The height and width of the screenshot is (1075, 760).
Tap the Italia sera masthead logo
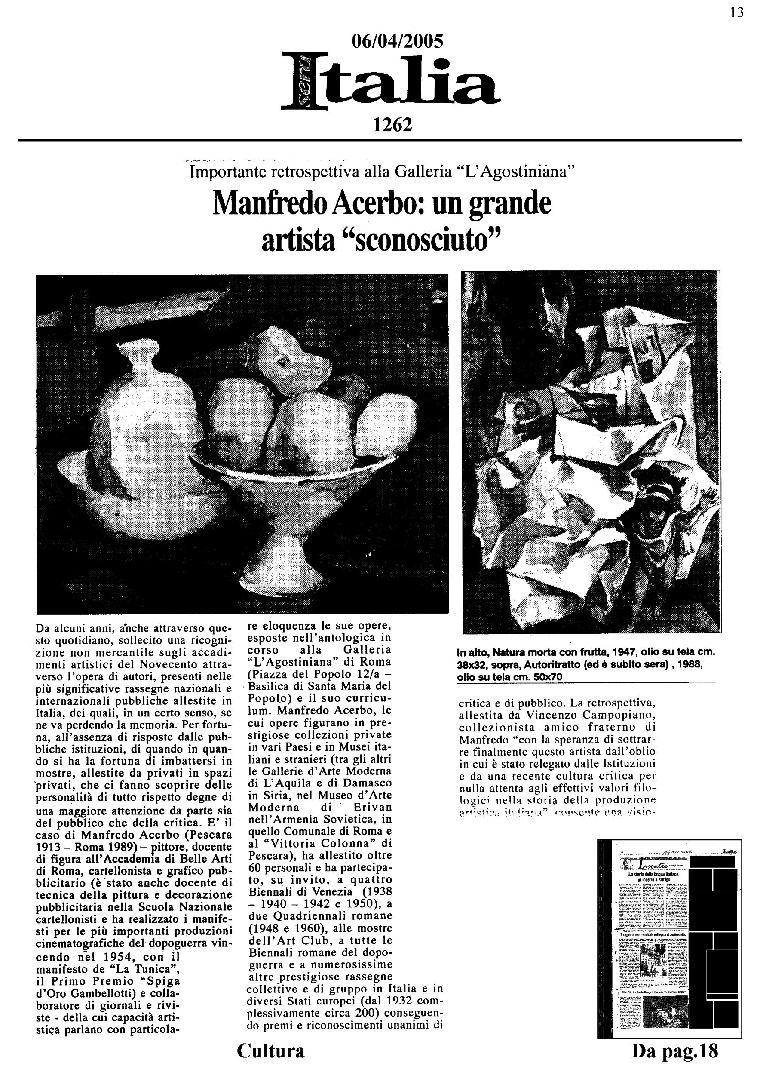pos(391,82)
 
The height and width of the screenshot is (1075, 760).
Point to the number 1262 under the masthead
pos(392,125)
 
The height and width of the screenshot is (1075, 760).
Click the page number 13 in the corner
pos(737,12)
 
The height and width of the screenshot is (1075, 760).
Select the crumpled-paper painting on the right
pos(591,451)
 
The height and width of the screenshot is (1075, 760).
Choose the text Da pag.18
pos(674,1050)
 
